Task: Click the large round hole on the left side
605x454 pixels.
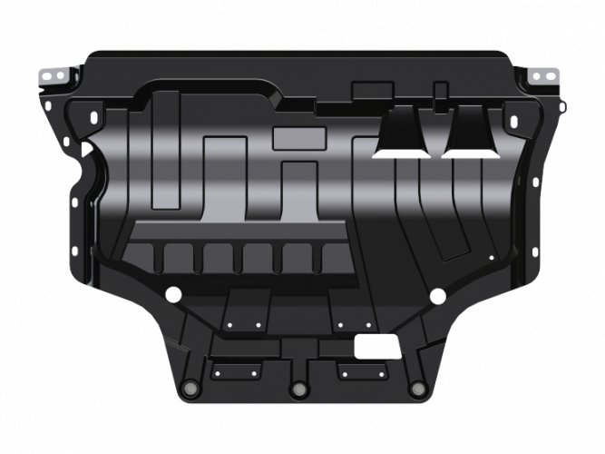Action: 171,293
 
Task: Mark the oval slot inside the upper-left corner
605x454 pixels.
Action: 95,117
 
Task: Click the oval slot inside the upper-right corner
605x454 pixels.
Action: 512,117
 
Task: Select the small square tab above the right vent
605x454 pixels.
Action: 441,90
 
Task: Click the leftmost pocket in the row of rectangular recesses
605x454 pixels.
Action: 140,259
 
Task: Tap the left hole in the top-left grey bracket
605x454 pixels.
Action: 47,74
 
